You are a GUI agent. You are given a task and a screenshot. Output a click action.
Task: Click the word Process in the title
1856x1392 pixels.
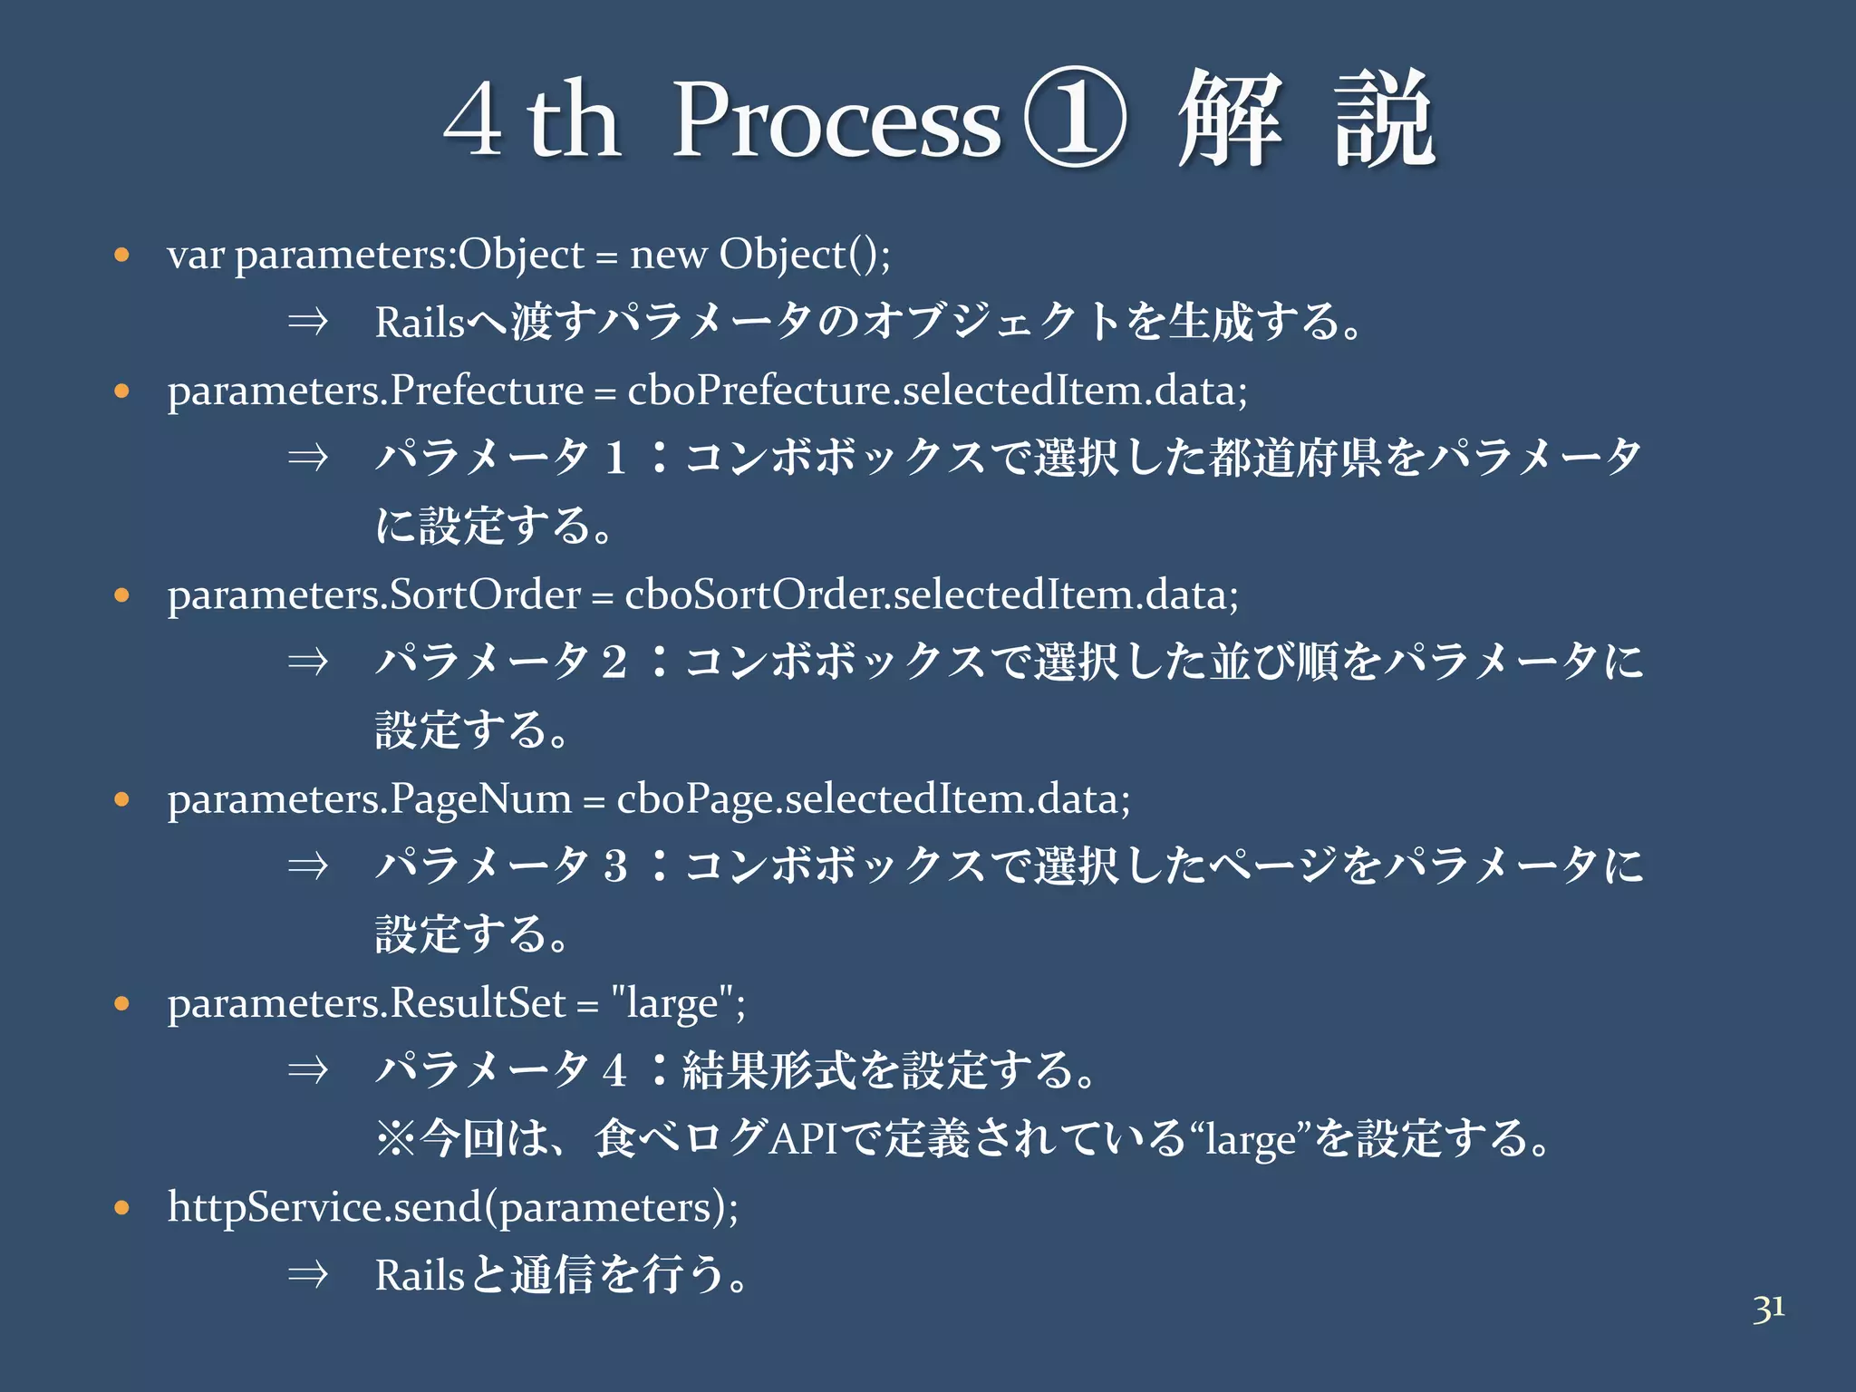click(836, 122)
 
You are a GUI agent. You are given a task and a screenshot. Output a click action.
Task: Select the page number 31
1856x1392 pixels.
click(1768, 1309)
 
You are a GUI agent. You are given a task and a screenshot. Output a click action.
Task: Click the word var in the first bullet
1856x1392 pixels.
click(195, 256)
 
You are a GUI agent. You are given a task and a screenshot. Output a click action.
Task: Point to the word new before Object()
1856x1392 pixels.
click(668, 256)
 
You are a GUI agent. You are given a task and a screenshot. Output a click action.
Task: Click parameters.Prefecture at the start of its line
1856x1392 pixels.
click(375, 391)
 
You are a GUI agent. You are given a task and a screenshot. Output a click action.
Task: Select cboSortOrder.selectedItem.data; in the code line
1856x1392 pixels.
click(931, 595)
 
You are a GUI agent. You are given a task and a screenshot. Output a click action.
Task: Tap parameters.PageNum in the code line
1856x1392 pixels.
click(369, 799)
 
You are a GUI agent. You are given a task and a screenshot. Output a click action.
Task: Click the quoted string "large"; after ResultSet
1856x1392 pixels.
click(678, 1004)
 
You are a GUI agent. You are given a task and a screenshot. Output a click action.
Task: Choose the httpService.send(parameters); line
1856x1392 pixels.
click(453, 1208)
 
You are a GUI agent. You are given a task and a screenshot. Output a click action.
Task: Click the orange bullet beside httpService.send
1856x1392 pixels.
click(122, 1208)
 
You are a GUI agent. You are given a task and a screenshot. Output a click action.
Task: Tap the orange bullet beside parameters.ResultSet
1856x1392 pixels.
click(122, 1003)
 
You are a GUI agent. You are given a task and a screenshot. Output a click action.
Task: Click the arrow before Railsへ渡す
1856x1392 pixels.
click(307, 322)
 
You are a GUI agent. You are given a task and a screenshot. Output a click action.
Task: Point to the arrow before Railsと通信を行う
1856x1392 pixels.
click(307, 1275)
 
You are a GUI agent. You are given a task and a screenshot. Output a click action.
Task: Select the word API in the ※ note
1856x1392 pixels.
click(804, 1138)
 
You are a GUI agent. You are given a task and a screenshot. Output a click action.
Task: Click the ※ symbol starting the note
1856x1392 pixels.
click(396, 1138)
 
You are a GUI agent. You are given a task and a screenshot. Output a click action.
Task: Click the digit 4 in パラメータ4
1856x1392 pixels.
click(614, 1070)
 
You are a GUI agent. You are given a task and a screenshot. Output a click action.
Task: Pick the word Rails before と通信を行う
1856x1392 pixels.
click(420, 1275)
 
